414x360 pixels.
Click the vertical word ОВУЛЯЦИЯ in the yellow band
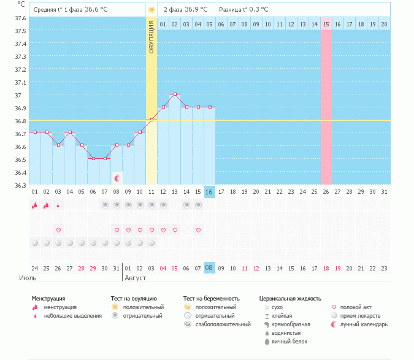151,37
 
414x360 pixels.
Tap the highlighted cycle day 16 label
209,192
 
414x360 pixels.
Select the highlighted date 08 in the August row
209,267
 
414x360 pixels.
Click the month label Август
136,278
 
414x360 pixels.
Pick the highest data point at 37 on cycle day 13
175,94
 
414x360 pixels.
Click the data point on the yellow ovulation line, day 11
151,120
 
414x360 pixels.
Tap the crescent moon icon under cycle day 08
117,178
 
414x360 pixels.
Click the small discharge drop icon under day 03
58,205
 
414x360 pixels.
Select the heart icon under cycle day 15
198,230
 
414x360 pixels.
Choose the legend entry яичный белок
285,341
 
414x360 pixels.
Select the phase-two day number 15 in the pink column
326,24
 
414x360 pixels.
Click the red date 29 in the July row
93,267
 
